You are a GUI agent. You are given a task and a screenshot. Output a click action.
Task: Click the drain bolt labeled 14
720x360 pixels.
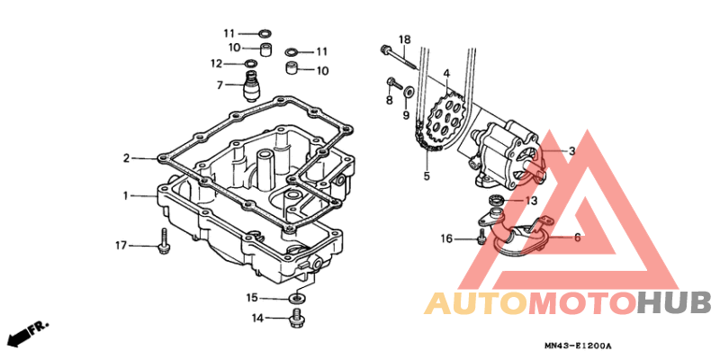click(297, 318)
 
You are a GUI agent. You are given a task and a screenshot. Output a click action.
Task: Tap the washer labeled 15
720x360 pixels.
click(297, 299)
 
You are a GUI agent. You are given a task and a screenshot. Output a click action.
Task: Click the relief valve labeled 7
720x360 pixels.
click(251, 87)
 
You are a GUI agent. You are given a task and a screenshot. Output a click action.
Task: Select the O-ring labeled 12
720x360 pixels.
click(251, 63)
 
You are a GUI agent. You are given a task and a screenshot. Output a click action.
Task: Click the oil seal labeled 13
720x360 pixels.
click(497, 199)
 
